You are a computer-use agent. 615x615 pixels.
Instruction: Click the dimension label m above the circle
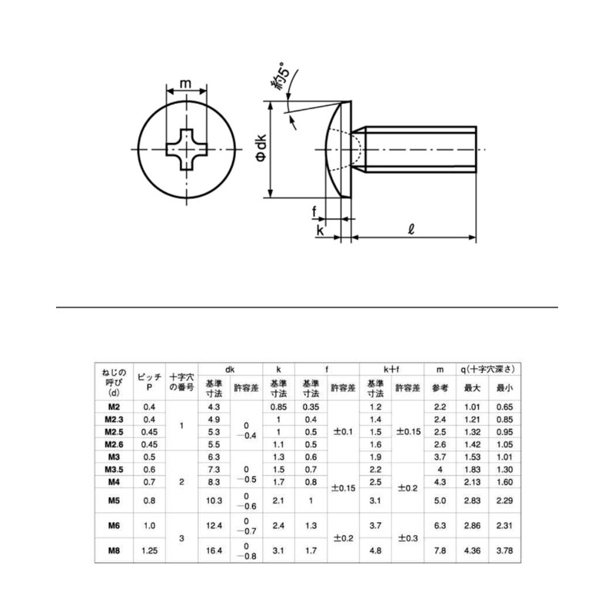click(x=185, y=84)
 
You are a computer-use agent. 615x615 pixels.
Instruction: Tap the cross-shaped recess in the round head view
click(x=186, y=148)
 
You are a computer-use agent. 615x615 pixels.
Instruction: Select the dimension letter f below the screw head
click(x=314, y=212)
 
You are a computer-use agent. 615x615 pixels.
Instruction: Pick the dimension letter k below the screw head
click(x=319, y=229)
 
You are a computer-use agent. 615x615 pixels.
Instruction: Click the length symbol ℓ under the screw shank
click(x=413, y=228)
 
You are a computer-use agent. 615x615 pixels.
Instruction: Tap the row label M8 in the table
click(x=113, y=550)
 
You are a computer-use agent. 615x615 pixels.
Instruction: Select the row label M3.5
click(x=113, y=469)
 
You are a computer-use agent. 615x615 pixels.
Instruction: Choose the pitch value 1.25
click(x=150, y=550)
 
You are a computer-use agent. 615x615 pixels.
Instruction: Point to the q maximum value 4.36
click(x=472, y=550)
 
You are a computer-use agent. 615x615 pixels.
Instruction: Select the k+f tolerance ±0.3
click(x=408, y=539)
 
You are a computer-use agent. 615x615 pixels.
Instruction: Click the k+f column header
click(x=392, y=369)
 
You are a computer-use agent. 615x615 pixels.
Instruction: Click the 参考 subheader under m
click(x=440, y=387)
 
